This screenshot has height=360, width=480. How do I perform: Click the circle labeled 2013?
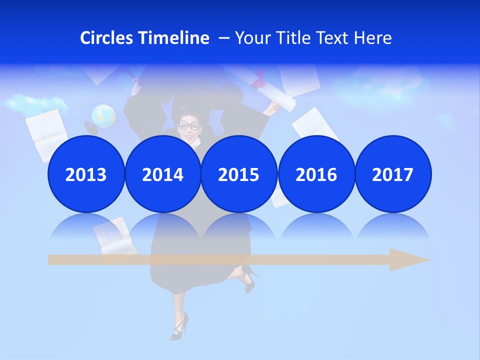pyautogui.click(x=86, y=174)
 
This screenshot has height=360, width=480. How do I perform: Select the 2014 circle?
pyautogui.click(x=162, y=174)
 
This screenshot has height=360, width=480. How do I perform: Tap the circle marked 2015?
pyautogui.click(x=239, y=174)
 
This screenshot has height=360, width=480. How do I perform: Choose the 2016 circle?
pyautogui.click(x=316, y=174)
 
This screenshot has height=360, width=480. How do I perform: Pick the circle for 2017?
pyautogui.click(x=392, y=174)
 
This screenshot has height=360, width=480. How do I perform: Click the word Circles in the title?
pyautogui.click(x=107, y=38)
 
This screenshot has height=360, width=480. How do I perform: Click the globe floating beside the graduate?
pyautogui.click(x=103, y=115)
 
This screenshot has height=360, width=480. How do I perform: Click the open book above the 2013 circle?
pyautogui.click(x=46, y=131)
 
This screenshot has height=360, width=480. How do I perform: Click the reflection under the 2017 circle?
pyautogui.click(x=392, y=227)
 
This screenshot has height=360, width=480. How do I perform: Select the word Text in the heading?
pyautogui.click(x=334, y=38)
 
